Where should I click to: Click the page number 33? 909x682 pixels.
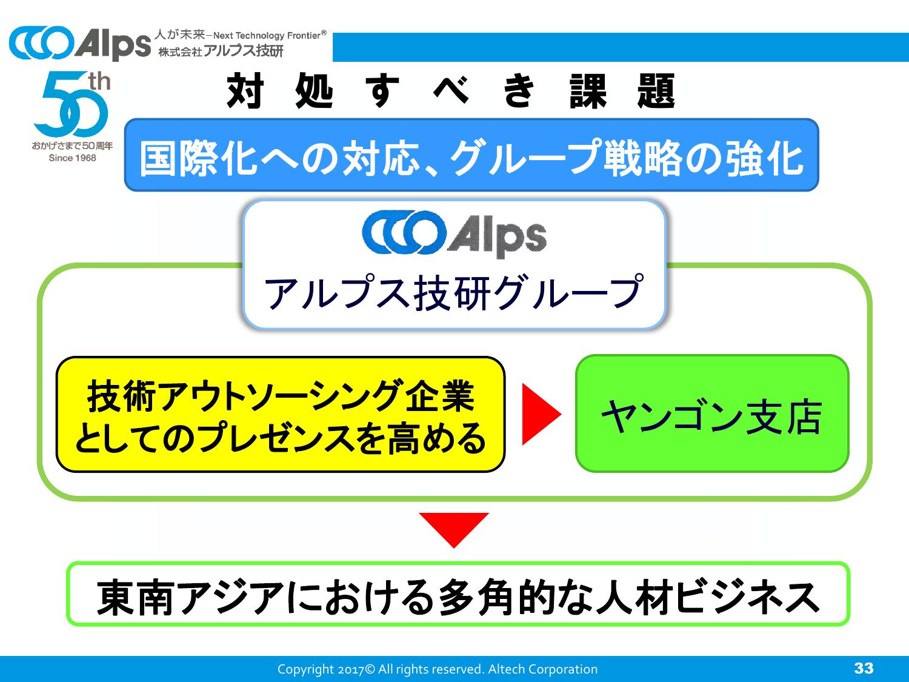click(864, 668)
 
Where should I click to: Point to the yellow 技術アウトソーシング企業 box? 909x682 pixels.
click(280, 414)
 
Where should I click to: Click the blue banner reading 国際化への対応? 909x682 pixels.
click(471, 155)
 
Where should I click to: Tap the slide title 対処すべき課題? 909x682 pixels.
click(451, 92)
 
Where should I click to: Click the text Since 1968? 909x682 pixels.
click(72, 158)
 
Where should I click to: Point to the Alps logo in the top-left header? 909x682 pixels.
click(79, 44)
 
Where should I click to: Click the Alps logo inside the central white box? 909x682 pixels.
click(454, 234)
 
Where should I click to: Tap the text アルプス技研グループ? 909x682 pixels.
click(453, 292)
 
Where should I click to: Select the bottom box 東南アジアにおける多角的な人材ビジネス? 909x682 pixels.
click(458, 594)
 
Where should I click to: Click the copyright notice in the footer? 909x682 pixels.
click(437, 669)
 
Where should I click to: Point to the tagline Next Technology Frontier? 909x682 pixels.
click(270, 35)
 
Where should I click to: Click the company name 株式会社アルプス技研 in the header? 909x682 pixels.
click(221, 52)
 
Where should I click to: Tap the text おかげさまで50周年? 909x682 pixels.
click(72, 146)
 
